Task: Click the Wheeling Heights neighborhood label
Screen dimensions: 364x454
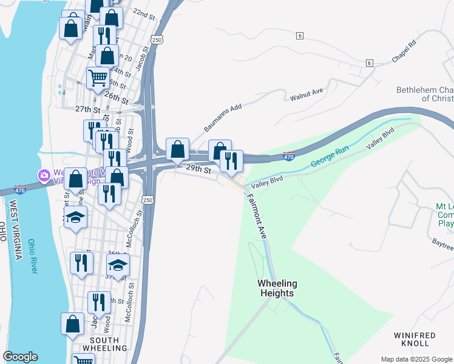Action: tap(277, 288)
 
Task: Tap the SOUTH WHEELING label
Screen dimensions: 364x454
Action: tap(107, 343)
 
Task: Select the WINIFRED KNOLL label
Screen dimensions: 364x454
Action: tap(415, 339)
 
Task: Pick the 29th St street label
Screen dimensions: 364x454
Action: tap(198, 169)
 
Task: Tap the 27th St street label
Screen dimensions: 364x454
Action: tap(87, 109)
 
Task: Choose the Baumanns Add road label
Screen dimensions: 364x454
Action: tap(223, 118)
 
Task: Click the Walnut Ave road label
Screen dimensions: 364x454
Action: tap(307, 95)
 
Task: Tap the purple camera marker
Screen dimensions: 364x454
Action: tap(44, 176)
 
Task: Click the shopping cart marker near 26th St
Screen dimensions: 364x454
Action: tap(98, 78)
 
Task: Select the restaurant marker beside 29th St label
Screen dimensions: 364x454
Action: tap(231, 160)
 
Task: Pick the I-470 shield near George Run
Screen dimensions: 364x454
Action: tap(290, 157)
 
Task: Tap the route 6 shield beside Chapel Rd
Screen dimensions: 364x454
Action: tap(369, 63)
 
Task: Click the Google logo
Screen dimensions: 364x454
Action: tap(20, 357)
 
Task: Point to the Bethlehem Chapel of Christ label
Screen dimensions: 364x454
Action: tap(425, 94)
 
